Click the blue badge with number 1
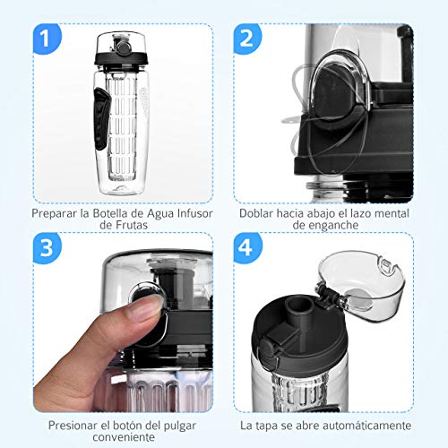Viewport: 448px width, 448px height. (x=47, y=39)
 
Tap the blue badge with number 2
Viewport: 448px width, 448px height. (x=247, y=39)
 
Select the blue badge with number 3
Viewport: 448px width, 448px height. (x=47, y=248)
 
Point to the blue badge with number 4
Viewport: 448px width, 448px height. (x=247, y=248)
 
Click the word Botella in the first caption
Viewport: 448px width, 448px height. (x=110, y=213)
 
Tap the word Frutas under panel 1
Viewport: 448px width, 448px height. (x=133, y=225)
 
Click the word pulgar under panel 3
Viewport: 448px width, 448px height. (x=180, y=426)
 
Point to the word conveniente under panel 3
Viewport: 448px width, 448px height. (x=124, y=437)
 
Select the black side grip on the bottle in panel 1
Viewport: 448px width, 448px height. (x=100, y=119)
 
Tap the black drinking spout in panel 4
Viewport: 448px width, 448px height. (x=299, y=312)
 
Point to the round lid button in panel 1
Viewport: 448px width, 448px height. (x=123, y=47)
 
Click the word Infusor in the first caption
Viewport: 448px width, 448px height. (x=195, y=213)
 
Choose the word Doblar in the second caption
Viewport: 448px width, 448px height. (x=256, y=213)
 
